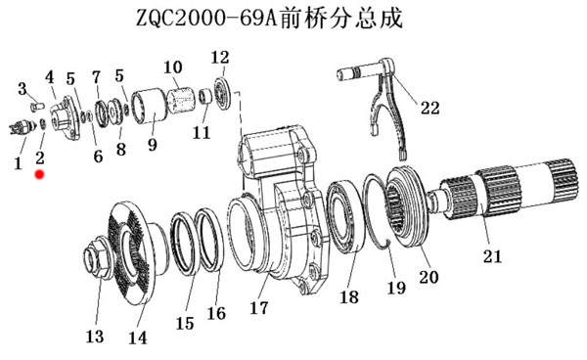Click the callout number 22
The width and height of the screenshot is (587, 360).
tap(429, 109)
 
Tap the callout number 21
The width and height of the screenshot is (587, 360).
tap(492, 256)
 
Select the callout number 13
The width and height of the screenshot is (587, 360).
tap(95, 337)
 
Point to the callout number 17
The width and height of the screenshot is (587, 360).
tap(259, 308)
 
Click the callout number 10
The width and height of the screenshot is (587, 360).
tap(173, 67)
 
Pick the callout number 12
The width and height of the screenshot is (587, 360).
tap(220, 58)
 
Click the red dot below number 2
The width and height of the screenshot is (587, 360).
tap(39, 174)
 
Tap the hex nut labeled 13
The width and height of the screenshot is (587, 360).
tap(97, 257)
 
